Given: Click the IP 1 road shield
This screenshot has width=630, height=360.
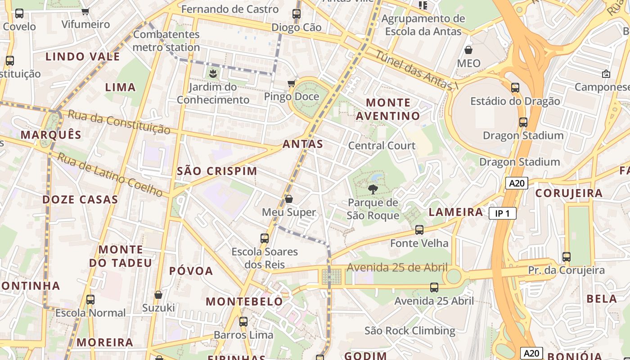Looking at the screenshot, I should point(502,213).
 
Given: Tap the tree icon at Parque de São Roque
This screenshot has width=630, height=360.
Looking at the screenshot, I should point(373,189).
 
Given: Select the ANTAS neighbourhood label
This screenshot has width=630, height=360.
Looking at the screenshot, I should point(303,144).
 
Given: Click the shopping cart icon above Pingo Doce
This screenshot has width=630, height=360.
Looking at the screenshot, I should point(292,83).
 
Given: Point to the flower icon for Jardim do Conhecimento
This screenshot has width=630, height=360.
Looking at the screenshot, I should point(213,73).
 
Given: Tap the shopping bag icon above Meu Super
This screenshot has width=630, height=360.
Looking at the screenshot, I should point(289,199).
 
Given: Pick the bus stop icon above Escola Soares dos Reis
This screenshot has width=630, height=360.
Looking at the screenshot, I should point(265,238).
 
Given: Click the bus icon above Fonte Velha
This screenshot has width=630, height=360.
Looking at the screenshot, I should point(419,230).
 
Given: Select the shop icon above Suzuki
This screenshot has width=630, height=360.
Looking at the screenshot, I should point(158,295).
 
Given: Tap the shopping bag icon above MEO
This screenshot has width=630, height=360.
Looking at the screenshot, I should point(468,50).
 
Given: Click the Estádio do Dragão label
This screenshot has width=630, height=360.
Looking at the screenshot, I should point(515,101).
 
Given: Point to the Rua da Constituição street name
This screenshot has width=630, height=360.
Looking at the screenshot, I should point(119,121).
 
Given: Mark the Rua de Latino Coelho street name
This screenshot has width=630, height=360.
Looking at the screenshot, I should point(110,175).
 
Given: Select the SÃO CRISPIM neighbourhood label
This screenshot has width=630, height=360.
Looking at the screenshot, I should point(217,171).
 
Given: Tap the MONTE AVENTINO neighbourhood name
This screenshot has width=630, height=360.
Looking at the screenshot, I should point(387,109).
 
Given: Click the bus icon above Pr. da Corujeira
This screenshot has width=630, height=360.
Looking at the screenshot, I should point(566,257).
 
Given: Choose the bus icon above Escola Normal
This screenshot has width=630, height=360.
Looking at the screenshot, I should point(90,299).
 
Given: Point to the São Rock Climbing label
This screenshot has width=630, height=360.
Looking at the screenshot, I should point(409,331).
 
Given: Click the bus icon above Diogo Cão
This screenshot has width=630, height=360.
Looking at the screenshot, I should point(296,14).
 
